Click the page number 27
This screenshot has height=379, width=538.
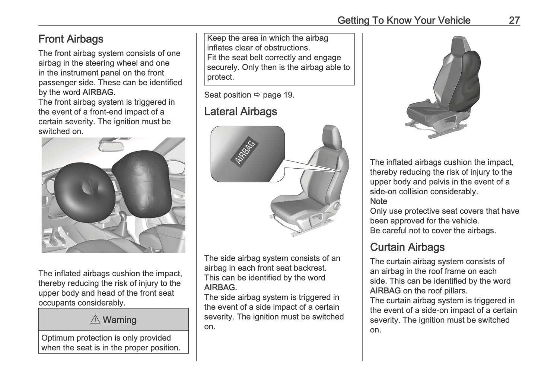click(x=514, y=20)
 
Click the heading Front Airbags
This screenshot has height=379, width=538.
click(x=71, y=39)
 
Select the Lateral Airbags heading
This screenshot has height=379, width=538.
click(x=241, y=112)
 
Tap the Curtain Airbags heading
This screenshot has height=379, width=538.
click(x=407, y=247)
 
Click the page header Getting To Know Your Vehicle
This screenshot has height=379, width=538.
click(x=404, y=20)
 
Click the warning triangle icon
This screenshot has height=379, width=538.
click(x=95, y=319)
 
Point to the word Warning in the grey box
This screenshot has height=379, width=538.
click(x=120, y=320)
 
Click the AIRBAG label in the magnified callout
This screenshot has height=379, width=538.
click(x=245, y=152)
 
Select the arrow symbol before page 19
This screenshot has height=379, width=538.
click(x=257, y=95)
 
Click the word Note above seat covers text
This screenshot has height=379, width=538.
click(x=378, y=201)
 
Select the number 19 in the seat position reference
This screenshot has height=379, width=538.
click(x=288, y=95)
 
